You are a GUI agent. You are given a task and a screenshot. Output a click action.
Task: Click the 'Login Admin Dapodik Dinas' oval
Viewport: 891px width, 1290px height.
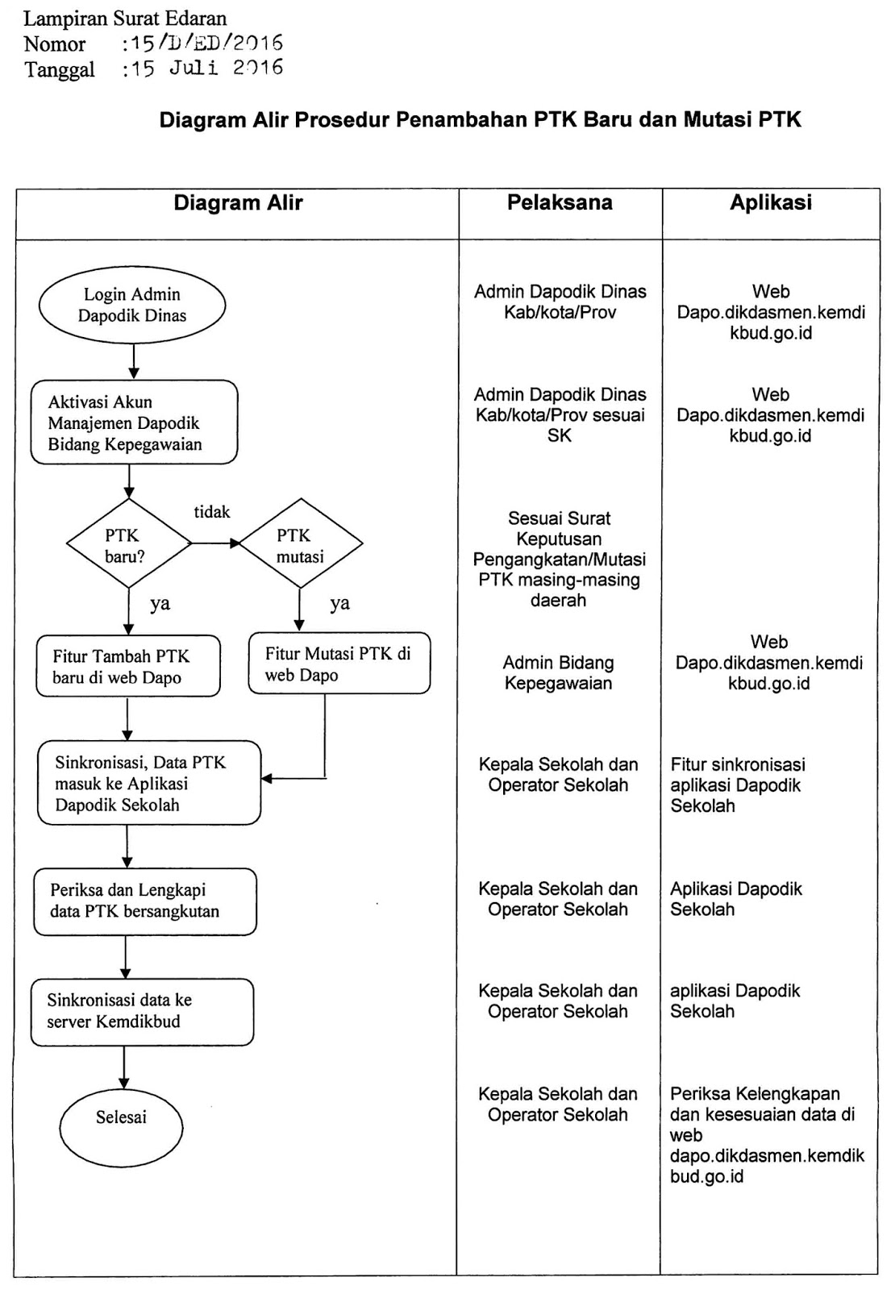132,306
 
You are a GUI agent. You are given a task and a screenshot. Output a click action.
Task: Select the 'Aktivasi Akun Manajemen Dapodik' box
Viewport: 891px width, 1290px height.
134,422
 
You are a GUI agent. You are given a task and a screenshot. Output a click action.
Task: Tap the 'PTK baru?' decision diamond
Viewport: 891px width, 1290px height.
127,545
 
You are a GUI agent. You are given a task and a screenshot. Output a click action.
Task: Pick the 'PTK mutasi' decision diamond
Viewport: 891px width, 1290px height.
300,545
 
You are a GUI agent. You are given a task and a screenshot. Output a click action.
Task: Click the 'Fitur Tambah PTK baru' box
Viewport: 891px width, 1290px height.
127,666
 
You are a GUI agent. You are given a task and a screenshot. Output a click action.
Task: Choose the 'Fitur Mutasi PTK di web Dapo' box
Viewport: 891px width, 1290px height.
339,664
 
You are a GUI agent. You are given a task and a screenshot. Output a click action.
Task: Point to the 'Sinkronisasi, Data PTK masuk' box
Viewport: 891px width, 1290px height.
149,783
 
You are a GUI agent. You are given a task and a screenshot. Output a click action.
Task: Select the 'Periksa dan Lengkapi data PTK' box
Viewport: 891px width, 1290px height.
144,901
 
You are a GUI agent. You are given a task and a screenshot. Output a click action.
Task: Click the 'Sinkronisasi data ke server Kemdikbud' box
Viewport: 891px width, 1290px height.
142,1011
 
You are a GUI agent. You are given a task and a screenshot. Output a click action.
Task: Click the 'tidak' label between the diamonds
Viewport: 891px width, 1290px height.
212,512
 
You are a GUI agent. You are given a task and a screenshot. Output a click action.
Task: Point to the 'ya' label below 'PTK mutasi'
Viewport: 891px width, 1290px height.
339,603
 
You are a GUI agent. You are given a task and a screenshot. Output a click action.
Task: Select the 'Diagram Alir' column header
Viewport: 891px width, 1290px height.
238,203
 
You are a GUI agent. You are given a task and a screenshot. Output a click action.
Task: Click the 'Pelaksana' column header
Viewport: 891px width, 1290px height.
560,203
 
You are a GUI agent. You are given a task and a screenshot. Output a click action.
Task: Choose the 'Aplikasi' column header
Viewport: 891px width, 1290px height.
770,203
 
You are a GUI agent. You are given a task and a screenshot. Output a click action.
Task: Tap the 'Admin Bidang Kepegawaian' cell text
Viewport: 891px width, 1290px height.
559,672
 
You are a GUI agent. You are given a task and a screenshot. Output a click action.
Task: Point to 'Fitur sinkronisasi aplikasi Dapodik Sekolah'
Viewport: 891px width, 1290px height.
737,784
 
